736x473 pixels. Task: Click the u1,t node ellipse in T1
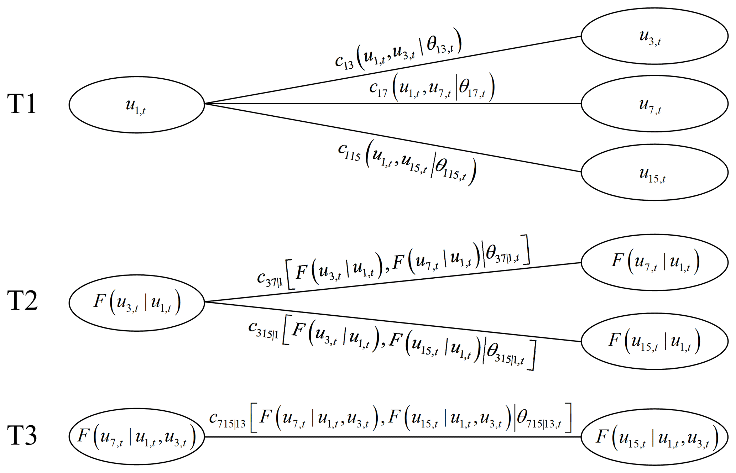[x=137, y=105]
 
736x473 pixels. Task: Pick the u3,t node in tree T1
[x=654, y=36]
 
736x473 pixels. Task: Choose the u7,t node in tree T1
[x=654, y=104]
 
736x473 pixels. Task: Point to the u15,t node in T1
[x=654, y=173]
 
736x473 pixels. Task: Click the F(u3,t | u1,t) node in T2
[x=137, y=303]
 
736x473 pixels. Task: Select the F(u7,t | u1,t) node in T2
[x=654, y=262]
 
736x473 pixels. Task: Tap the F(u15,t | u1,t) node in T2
[x=654, y=341]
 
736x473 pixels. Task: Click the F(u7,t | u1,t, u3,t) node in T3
[x=137, y=436]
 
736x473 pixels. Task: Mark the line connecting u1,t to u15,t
[x=392, y=138]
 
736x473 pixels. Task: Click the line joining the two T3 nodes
[x=392, y=437]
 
